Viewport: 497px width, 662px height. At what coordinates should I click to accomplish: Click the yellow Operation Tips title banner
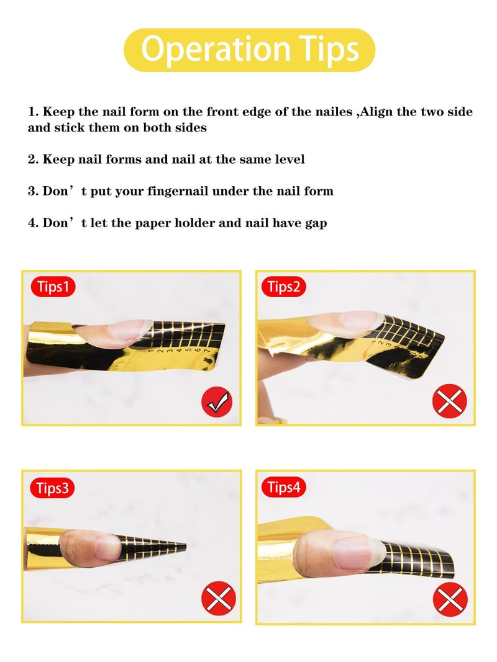tap(249, 50)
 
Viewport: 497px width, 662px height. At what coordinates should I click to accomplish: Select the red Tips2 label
tap(283, 287)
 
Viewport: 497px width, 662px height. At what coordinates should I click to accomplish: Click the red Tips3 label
tap(52, 488)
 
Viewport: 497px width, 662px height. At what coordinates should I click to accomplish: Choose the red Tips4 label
tap(283, 488)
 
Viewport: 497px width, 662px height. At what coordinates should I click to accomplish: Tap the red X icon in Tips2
tap(449, 400)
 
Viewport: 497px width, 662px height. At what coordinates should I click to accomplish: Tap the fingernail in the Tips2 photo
tap(345, 321)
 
